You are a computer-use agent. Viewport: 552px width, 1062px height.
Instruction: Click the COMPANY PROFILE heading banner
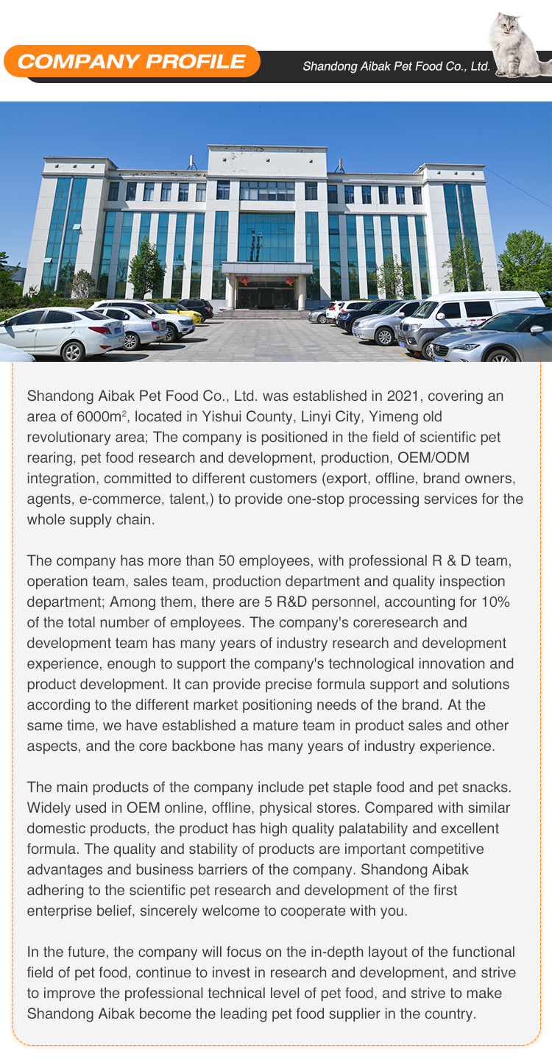coord(131,62)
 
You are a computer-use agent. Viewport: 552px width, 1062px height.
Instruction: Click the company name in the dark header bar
coord(396,66)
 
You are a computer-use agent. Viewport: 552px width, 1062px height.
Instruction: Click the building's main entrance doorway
coord(266,294)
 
